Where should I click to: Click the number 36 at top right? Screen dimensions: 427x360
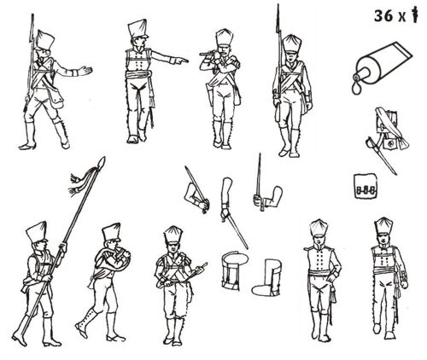click(383, 16)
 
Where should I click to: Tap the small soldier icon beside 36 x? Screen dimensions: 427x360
click(416, 15)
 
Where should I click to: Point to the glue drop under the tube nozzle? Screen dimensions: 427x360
click(356, 89)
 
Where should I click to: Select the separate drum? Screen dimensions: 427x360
click(234, 270)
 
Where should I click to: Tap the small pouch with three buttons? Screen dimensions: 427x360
click(366, 186)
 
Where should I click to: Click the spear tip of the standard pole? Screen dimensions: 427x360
click(102, 162)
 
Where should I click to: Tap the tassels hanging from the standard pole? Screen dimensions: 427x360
click(77, 183)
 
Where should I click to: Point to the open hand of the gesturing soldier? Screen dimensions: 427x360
click(86, 70)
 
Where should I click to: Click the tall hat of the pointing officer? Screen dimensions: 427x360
click(137, 28)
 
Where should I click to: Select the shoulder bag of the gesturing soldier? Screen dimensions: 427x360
click(56, 96)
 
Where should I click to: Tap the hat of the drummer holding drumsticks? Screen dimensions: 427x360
click(173, 235)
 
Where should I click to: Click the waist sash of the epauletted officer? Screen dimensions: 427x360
click(321, 274)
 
